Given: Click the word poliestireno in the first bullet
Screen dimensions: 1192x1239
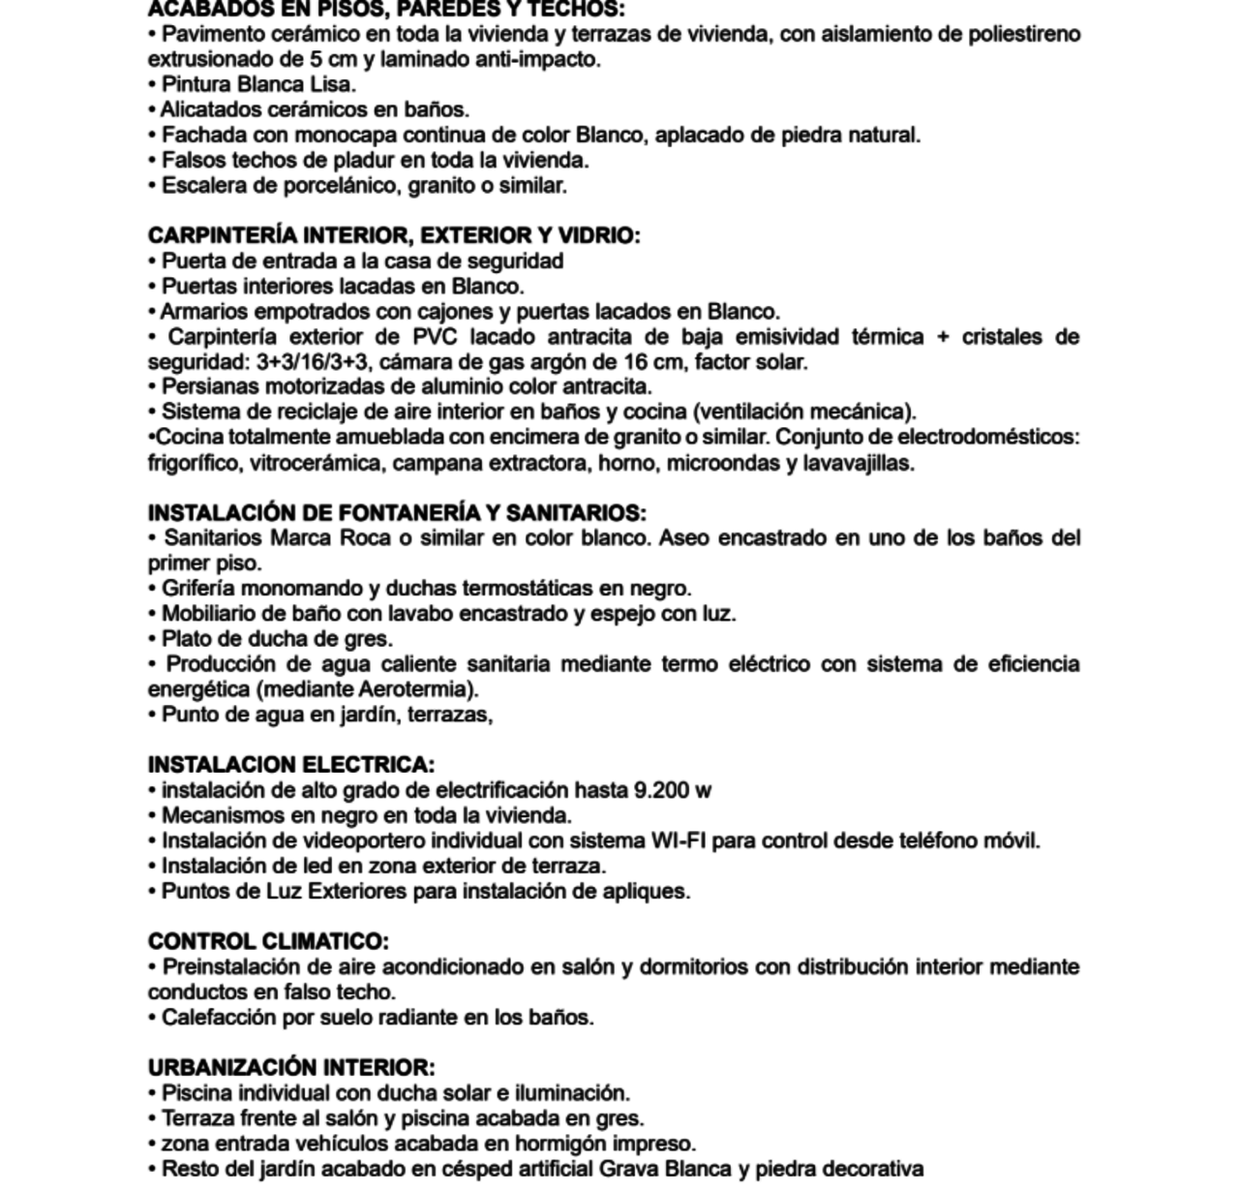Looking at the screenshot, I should [x=1024, y=35].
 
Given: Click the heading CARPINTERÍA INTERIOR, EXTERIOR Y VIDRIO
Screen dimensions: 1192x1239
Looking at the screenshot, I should [x=393, y=235].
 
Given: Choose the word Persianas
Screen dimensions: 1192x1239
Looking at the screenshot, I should [x=207, y=387].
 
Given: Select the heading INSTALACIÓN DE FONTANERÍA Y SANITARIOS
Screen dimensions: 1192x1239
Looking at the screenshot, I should [x=396, y=512].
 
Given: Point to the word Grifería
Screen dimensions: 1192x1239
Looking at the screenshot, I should [x=198, y=589].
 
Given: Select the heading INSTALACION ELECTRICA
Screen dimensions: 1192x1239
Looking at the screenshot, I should [x=290, y=765].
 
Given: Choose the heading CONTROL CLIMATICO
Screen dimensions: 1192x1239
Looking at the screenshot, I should [x=268, y=941].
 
